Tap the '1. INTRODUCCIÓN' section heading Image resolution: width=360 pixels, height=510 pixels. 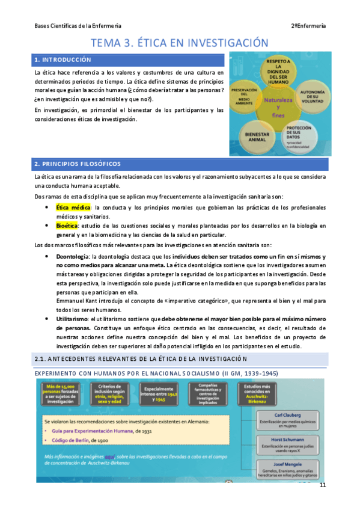(63, 60)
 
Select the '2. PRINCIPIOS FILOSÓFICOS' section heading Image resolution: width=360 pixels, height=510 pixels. (78, 164)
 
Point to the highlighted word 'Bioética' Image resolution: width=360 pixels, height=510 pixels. (68, 226)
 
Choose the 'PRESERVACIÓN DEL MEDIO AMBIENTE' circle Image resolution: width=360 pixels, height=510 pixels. (247, 98)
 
